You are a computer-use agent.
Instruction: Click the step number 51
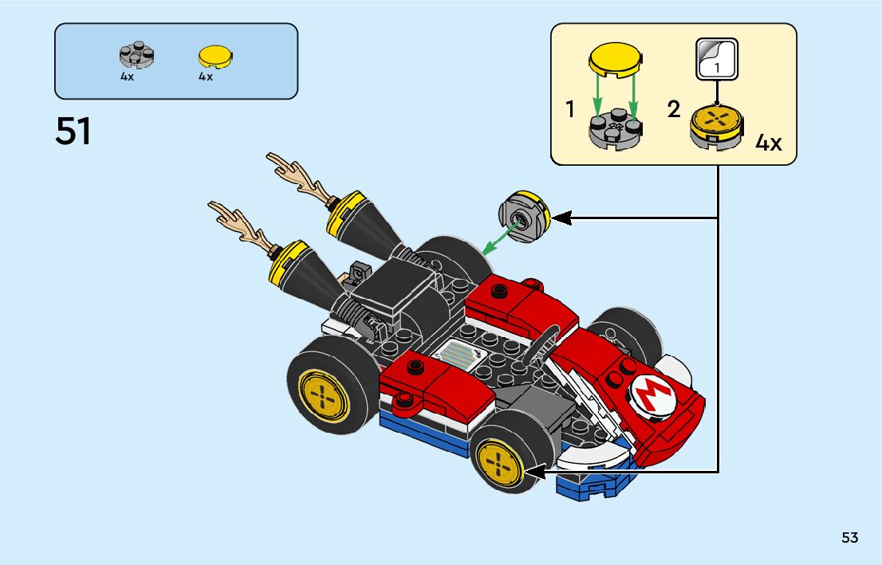pos(73,132)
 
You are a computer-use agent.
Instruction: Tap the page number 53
pos(849,538)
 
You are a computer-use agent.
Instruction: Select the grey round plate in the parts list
pos(136,55)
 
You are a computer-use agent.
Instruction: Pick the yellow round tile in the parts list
pos(212,56)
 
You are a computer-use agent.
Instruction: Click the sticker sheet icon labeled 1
pos(717,60)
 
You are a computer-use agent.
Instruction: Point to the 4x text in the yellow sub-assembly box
pos(768,143)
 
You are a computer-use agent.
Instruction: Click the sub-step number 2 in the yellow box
pos(674,109)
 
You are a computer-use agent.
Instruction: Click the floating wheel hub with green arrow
pos(522,218)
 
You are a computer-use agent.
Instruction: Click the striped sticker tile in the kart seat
pos(461,352)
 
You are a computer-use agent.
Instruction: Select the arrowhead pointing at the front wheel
pos(532,473)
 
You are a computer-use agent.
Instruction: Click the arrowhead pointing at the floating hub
pos(561,218)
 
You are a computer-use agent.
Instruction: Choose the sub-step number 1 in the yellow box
pos(570,109)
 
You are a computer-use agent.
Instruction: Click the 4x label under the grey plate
pos(128,77)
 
